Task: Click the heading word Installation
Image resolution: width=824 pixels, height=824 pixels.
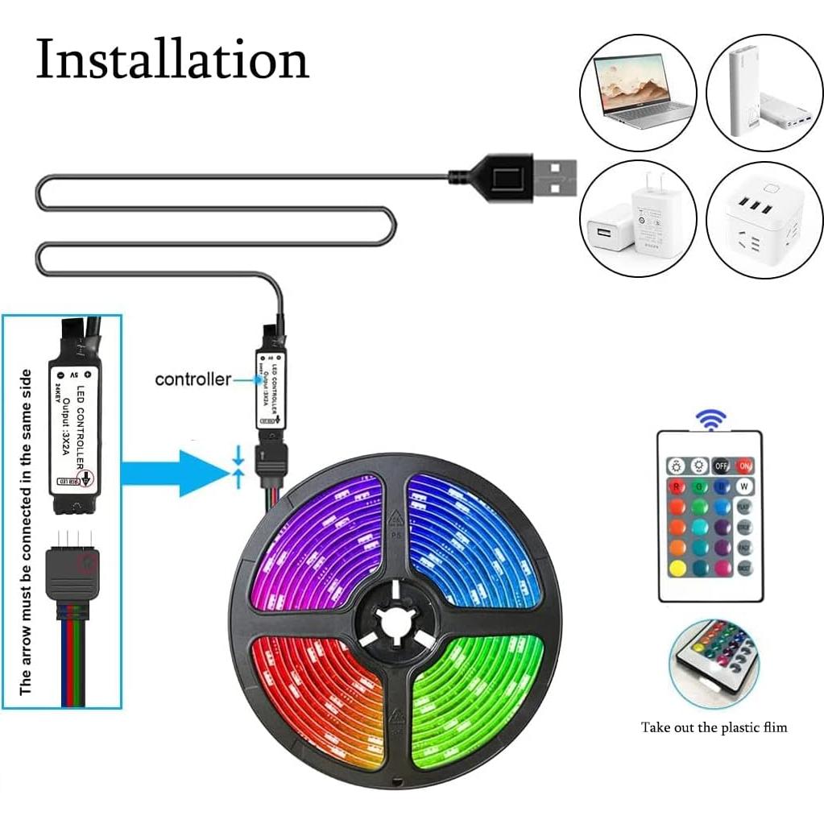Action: tap(172, 60)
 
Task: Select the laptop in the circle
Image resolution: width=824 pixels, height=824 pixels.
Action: tap(637, 92)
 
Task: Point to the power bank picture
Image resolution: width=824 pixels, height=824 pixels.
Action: tap(764, 92)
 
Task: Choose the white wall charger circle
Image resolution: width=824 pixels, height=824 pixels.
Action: tap(637, 218)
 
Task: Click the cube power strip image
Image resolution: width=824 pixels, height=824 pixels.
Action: tap(764, 218)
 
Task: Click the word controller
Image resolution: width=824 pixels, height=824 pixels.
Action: tap(193, 379)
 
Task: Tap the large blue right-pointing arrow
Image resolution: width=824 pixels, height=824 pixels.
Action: tap(173, 473)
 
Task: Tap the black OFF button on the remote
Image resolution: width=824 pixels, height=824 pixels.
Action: tap(722, 466)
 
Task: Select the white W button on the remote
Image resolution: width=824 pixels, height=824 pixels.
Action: tap(744, 487)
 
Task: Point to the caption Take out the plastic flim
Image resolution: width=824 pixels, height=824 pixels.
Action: tap(714, 727)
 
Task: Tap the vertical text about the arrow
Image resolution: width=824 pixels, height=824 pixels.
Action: tap(27, 532)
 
